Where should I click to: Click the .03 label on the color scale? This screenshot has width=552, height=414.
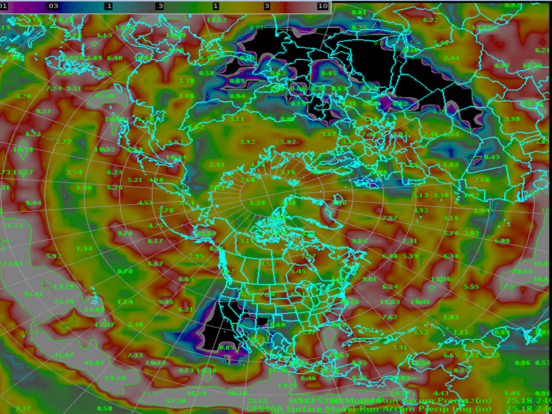(52, 6)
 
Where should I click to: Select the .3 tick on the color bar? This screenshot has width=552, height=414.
(160, 6)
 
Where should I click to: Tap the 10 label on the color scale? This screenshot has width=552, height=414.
(323, 6)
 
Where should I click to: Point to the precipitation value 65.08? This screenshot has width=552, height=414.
(94, 309)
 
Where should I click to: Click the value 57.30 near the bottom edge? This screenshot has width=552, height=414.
(176, 401)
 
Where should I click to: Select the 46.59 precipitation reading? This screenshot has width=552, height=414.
(197, 393)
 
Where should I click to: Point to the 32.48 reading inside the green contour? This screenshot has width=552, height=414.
(104, 95)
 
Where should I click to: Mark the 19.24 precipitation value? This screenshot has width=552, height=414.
(115, 378)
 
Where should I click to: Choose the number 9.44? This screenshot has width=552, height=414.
(33, 202)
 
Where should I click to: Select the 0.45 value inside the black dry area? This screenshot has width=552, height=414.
(329, 73)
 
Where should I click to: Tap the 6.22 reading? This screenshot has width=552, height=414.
(431, 20)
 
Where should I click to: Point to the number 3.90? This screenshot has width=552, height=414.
(511, 119)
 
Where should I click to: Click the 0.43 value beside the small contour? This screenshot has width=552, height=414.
(492, 157)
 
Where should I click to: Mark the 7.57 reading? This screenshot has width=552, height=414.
(390, 218)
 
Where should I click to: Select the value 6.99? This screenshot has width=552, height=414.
(502, 240)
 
